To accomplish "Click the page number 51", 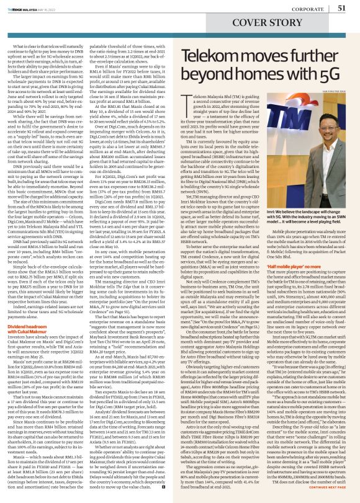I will pos(341,7).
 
